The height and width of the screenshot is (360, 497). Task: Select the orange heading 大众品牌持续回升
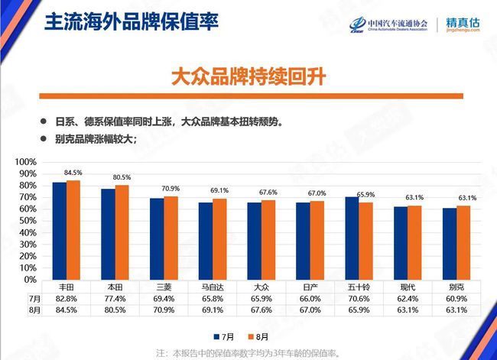(248, 77)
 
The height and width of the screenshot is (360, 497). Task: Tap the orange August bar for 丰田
(73, 230)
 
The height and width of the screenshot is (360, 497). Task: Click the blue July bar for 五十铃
(352, 238)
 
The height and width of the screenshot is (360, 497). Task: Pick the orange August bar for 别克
(463, 242)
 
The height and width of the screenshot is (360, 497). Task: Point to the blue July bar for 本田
(108, 234)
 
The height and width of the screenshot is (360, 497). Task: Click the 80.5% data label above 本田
(122, 178)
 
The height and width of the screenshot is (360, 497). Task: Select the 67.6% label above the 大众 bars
(269, 193)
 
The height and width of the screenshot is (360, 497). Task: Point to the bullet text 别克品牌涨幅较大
(95, 139)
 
